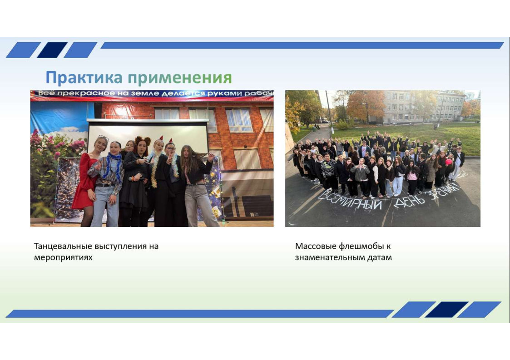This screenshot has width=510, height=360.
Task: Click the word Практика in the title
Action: tap(84, 77)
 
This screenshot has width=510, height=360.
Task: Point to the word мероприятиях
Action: tap(63, 257)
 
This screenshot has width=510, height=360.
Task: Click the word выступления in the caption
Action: tap(120, 247)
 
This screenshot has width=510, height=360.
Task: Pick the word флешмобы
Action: tap(361, 246)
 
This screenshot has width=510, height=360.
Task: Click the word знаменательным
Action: tap(330, 257)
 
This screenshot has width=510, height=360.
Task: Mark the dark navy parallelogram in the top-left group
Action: tap(52, 50)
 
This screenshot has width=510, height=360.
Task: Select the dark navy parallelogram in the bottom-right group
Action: tap(446, 310)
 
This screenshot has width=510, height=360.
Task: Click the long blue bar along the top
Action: tap(302, 45)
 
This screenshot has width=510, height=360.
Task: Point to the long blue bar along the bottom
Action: tap(199, 314)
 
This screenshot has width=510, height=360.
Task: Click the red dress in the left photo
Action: tap(83, 182)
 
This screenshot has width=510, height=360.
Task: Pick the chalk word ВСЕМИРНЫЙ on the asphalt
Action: tap(349, 200)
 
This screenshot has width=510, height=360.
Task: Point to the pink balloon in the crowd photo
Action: tap(449, 162)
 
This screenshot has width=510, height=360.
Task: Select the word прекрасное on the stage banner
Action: tap(86, 94)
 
